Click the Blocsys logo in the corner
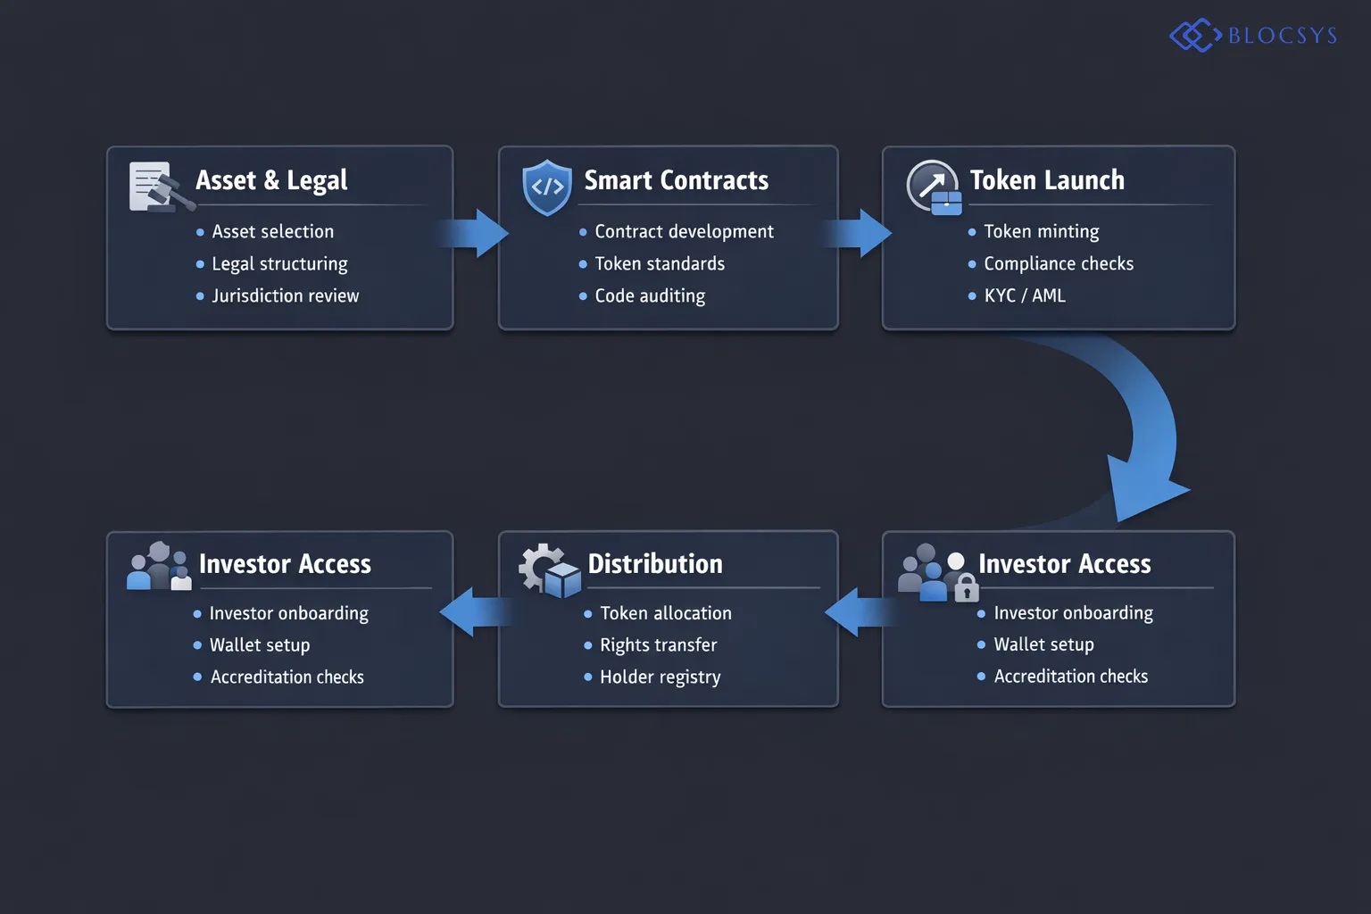click(x=1253, y=36)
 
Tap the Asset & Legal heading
click(x=271, y=180)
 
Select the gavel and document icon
click(x=159, y=187)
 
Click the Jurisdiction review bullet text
click(x=285, y=295)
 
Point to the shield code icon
click(x=547, y=187)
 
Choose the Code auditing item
click(x=650, y=295)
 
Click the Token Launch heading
click(x=1047, y=180)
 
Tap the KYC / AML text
click(x=1025, y=295)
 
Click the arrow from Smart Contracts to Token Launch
click(x=859, y=234)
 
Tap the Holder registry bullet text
click(x=660, y=677)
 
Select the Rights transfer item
click(x=658, y=644)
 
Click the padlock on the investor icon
click(x=967, y=589)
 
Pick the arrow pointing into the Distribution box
click(x=859, y=612)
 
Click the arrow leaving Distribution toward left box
click(x=473, y=612)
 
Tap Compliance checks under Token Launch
click(x=1059, y=263)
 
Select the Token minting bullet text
click(x=1041, y=231)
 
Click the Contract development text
click(x=684, y=231)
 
